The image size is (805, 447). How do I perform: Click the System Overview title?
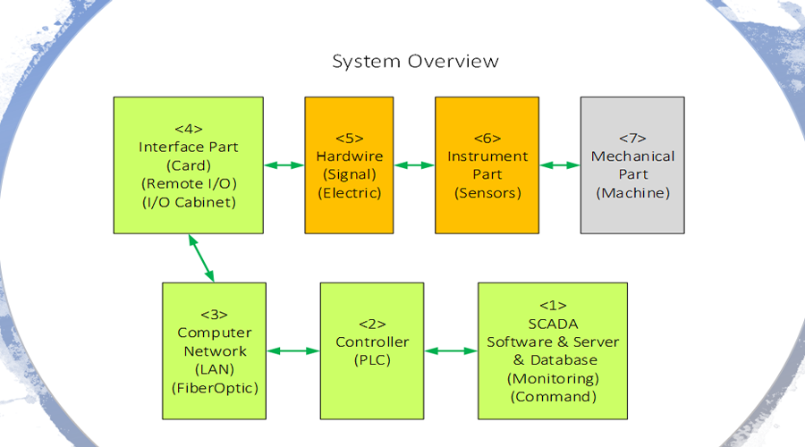coord(415,62)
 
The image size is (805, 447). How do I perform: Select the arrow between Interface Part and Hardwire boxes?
coord(284,165)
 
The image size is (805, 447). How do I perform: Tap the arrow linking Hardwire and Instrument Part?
coord(414,165)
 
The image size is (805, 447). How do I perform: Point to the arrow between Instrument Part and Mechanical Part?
coord(560,165)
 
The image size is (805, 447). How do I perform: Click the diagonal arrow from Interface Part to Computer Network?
coord(201,258)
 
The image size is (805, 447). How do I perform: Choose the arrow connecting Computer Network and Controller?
coord(293,351)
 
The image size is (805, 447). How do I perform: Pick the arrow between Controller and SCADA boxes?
coord(451,351)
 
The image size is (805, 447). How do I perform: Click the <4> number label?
coord(189,129)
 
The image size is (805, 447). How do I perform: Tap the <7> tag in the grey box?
coord(632,138)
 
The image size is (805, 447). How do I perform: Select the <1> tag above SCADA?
coord(553,306)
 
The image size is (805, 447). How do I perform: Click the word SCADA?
coord(553,324)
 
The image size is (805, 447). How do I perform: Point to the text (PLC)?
coord(372,360)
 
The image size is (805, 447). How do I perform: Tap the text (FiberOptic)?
coord(215,388)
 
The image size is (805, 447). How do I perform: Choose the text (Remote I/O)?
coord(189,184)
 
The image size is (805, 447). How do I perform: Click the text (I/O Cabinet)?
coord(189,202)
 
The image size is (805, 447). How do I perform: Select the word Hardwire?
coord(350,156)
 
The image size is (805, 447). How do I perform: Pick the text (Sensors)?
coord(487,193)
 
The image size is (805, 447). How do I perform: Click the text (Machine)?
coord(633,193)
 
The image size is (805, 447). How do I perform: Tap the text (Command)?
coord(554,397)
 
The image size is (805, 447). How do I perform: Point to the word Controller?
coord(372,342)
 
